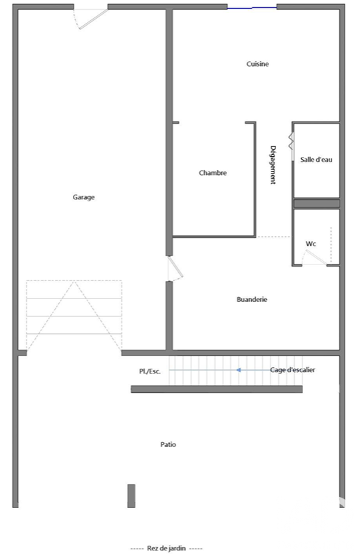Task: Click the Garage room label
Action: coord(84,197)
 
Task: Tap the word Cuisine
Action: coord(257,64)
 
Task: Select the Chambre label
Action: coord(212,173)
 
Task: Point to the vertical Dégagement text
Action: coord(273,165)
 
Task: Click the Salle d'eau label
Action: coord(316,160)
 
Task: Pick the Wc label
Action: coord(311,244)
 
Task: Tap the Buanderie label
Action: coord(252,299)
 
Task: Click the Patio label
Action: coord(168,444)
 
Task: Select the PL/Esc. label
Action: coord(150,371)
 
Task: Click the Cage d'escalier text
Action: coord(292,370)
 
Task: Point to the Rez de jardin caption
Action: coord(166,548)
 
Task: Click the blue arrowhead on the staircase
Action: coord(239,370)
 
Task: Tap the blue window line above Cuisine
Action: coord(252,8)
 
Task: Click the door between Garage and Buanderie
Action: coord(175,269)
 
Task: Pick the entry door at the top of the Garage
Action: coord(91,19)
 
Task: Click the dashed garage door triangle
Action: coord(74,317)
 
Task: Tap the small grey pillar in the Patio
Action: coord(132,496)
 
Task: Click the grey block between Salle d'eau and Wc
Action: coord(317,203)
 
